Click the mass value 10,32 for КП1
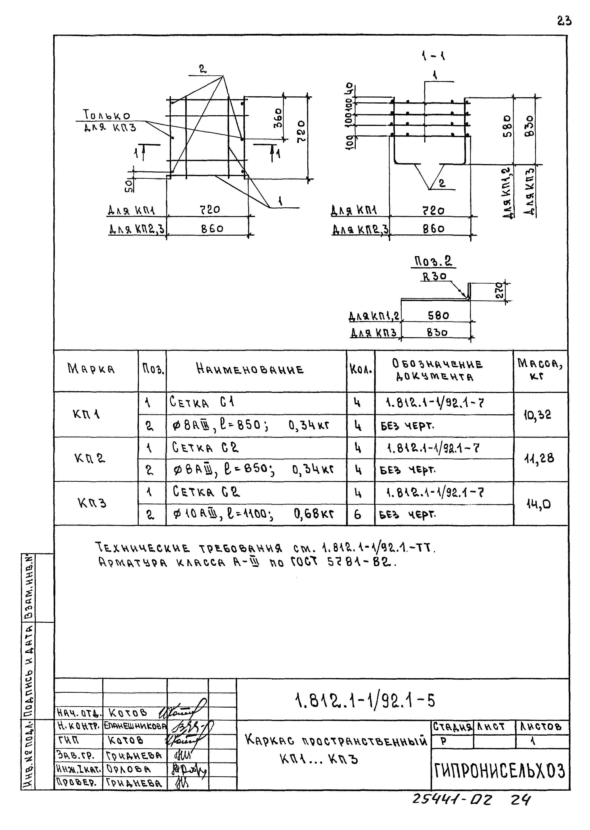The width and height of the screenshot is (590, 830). [537, 415]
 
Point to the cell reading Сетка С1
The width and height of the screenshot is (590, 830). [202, 403]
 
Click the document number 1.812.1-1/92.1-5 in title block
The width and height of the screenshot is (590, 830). [365, 701]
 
